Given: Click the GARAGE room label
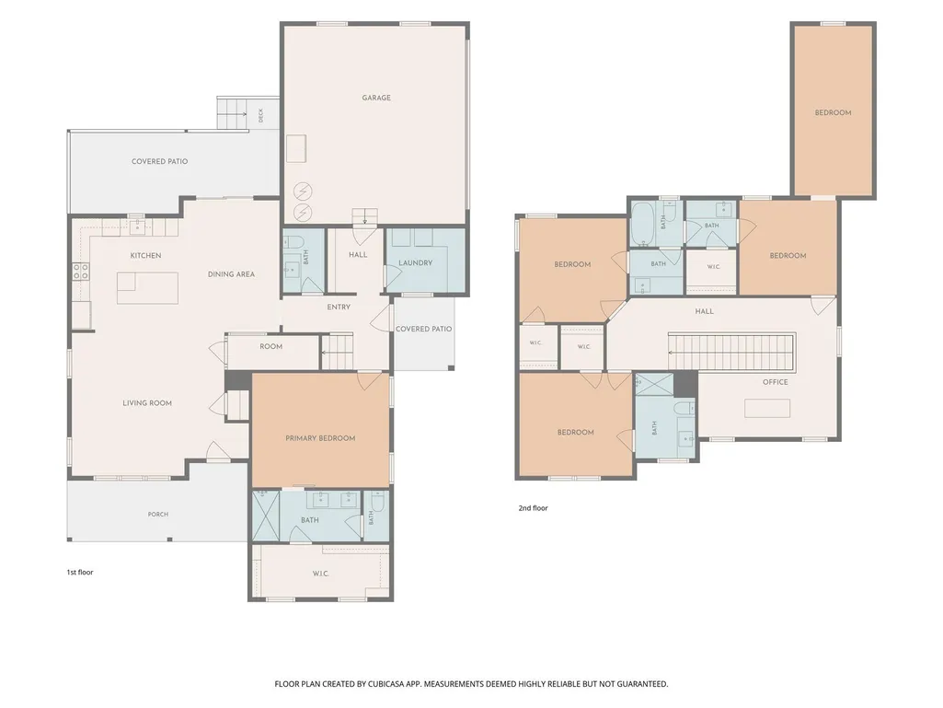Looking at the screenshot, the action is click(376, 98).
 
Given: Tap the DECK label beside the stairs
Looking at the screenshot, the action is click(260, 115).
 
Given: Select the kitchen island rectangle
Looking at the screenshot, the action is click(147, 288).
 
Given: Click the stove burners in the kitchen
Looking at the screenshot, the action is click(81, 272).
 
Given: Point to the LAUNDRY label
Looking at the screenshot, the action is click(416, 263).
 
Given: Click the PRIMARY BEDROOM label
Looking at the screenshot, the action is click(320, 438).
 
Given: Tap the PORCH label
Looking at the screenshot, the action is click(158, 514).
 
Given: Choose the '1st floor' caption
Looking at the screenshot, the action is click(80, 572).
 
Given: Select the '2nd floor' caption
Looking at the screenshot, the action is click(533, 508).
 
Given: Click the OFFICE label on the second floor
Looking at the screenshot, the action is click(776, 382).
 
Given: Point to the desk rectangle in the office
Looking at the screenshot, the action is click(766, 408).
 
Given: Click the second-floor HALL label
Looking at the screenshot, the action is click(704, 311).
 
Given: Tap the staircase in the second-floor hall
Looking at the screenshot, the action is click(732, 352).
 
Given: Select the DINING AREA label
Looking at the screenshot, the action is click(231, 274).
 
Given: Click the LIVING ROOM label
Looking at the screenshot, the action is click(147, 403).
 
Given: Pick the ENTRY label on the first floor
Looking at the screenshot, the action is click(339, 307).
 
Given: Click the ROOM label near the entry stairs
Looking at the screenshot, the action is click(270, 347).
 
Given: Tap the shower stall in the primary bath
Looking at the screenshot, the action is click(266, 516).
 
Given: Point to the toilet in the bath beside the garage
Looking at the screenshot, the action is click(294, 244).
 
